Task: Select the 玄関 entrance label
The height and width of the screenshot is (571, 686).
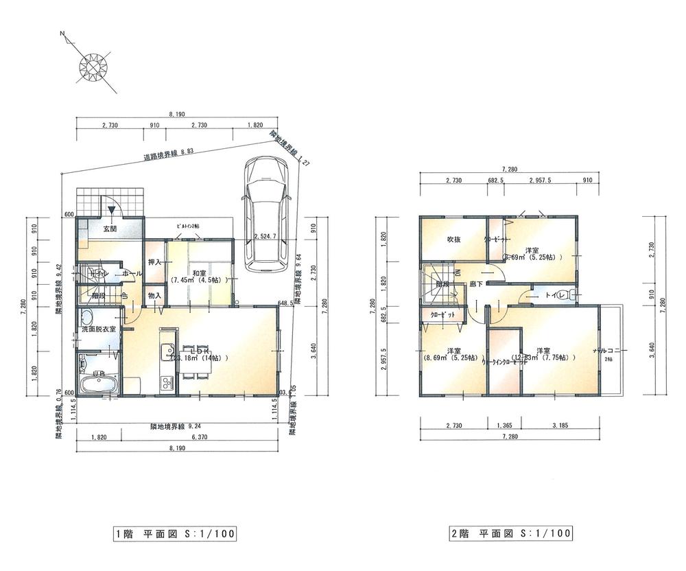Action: (110, 229)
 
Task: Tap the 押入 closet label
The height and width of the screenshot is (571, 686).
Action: (154, 262)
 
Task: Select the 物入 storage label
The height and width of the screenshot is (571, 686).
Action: (154, 296)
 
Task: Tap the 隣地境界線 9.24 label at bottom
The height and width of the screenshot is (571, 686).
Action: (176, 427)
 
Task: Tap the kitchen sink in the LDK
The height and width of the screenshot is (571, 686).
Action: (165, 354)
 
